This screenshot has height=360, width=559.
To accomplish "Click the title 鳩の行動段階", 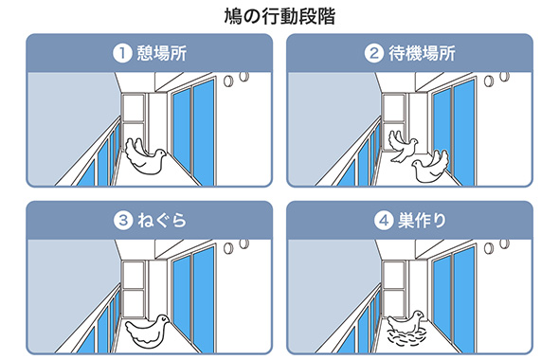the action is coord(279,16).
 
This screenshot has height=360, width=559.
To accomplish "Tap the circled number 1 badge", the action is coord(122,53).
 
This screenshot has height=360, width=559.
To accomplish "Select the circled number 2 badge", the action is coord(373,53).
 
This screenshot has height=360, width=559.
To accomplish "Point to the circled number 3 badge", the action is coord(123,221).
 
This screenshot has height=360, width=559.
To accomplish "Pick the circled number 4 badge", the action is coord(384,221).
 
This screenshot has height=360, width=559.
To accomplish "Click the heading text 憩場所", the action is coord(162,53).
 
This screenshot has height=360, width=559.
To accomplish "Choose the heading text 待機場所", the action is coord(422,53).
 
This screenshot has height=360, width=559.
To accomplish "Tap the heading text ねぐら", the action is coord(162,221).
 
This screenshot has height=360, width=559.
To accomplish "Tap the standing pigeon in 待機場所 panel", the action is coord(431,167).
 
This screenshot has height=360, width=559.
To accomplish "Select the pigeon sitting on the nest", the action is coord(406,322).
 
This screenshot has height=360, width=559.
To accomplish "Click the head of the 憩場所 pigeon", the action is coord(159,153).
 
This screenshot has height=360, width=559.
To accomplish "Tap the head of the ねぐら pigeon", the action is coord(163,319).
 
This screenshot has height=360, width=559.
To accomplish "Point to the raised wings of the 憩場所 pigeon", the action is coord(135,148).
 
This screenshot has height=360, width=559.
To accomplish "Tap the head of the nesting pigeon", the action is coord(418,315).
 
